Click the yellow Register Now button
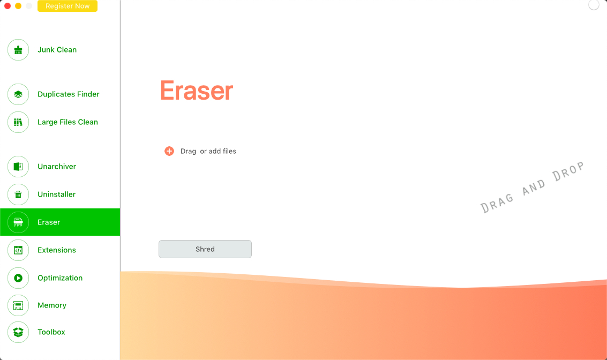(68, 6)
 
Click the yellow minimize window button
(18, 6)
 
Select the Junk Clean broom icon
(18, 50)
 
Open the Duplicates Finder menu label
(68, 94)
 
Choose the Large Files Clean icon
(18, 122)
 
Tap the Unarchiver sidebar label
(56, 167)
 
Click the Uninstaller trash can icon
(18, 194)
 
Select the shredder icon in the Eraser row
(18, 222)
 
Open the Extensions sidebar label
(56, 250)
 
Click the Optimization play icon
(18, 278)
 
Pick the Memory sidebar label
(52, 305)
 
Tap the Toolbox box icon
(18, 332)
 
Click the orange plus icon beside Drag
(169, 151)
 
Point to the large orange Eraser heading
(197, 91)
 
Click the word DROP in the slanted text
(568, 171)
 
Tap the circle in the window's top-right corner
(594, 5)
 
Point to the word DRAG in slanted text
(498, 203)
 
